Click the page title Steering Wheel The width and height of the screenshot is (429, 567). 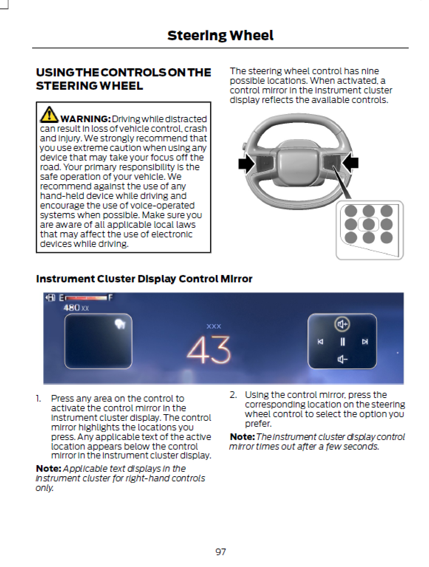[x=220, y=35]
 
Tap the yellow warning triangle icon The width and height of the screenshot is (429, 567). [x=49, y=114]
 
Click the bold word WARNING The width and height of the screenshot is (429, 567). [x=85, y=119]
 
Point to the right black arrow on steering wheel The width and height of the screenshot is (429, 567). [x=351, y=163]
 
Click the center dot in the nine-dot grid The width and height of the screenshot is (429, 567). [x=368, y=224]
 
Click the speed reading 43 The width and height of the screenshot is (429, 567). [x=209, y=350]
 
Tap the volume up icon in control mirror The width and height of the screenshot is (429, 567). [x=342, y=324]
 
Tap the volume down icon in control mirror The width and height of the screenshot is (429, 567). [x=342, y=359]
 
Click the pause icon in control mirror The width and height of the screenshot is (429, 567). [x=342, y=342]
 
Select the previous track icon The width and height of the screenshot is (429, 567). [x=320, y=342]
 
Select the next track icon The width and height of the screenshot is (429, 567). [x=365, y=342]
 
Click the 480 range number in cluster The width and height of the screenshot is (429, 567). [x=72, y=307]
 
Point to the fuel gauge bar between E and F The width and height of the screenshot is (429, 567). [x=86, y=298]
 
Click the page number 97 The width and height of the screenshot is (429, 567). [x=220, y=552]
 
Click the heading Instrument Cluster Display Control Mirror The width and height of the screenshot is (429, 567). [x=144, y=279]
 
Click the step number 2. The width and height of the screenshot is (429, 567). [x=233, y=395]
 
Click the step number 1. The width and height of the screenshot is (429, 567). [x=38, y=398]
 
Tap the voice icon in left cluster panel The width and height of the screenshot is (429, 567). [x=120, y=324]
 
